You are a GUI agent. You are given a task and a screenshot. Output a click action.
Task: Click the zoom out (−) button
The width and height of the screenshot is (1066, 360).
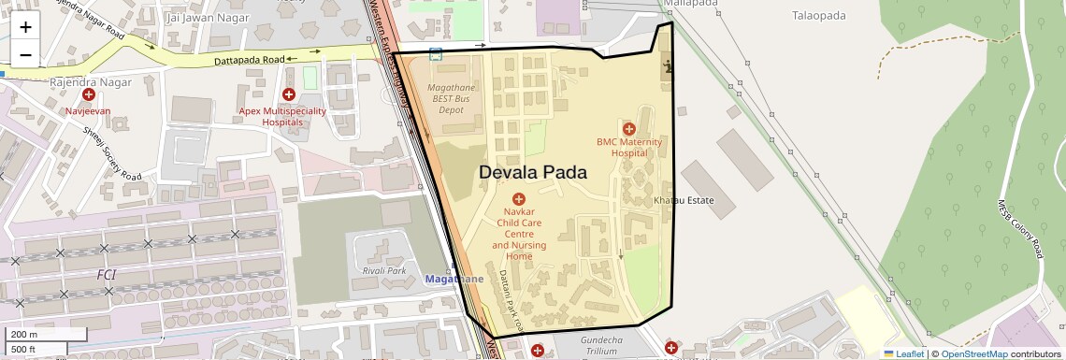pyautogui.click(x=25, y=55)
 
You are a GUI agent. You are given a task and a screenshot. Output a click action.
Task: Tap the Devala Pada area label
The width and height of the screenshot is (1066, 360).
pyautogui.click(x=533, y=173)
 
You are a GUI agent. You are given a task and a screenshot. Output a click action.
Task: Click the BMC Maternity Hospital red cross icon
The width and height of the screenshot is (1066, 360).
pyautogui.click(x=628, y=128)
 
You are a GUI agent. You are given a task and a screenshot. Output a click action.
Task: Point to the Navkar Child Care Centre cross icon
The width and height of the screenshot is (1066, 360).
pyautogui.click(x=519, y=198)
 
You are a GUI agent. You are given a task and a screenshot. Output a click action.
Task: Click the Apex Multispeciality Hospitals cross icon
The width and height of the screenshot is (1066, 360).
pyautogui.click(x=289, y=94)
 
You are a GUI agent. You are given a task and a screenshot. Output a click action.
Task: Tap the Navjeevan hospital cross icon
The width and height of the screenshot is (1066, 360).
pyautogui.click(x=88, y=95)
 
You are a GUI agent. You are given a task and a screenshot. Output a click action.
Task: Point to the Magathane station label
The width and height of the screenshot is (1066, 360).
pyautogui.click(x=454, y=280)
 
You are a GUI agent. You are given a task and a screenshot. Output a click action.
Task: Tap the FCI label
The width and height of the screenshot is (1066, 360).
pyautogui.click(x=107, y=274)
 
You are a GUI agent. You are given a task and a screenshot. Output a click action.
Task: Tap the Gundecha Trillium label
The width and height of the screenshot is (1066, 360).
pyautogui.click(x=601, y=345)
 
